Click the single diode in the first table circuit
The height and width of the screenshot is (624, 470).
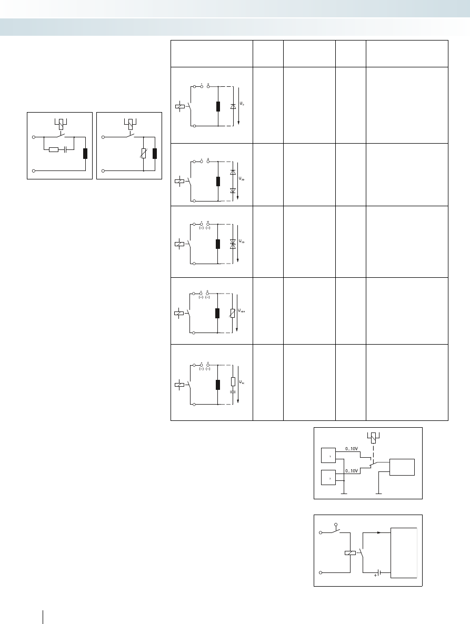click(233, 106)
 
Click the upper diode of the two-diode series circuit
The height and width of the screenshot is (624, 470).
click(233, 173)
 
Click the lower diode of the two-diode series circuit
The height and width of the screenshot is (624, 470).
click(233, 190)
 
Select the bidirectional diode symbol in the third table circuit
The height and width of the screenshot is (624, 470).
click(233, 244)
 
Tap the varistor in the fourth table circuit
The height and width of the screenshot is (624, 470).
click(233, 313)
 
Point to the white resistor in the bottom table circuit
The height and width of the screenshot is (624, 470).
click(233, 381)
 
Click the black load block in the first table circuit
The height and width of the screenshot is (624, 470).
click(218, 106)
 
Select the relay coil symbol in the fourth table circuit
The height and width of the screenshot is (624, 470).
click(179, 313)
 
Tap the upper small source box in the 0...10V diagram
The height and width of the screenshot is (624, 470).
click(329, 456)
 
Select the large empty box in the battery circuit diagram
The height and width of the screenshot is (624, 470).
click(404, 553)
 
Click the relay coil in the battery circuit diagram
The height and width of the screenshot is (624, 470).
click(350, 553)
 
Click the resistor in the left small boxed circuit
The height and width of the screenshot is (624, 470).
click(53, 150)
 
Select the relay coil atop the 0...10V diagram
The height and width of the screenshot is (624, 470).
click(373, 436)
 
